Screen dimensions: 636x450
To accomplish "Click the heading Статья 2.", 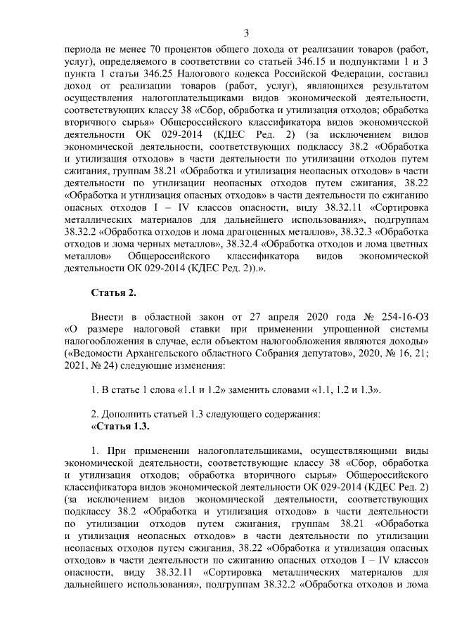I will [x=113, y=292].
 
